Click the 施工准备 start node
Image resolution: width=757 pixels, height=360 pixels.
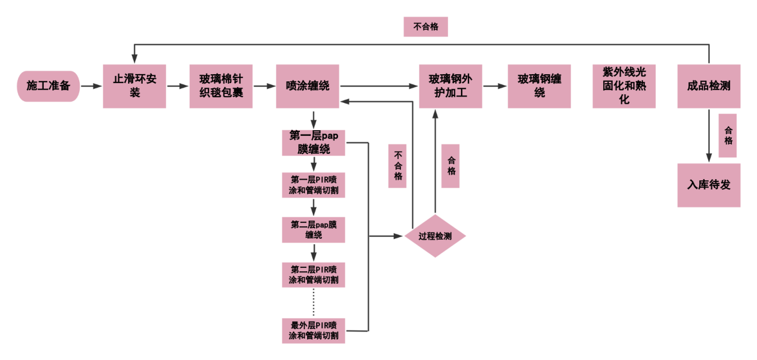click(x=48, y=86)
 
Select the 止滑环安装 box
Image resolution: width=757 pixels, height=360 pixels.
click(x=135, y=86)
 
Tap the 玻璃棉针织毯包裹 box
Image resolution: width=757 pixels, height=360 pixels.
click(x=221, y=86)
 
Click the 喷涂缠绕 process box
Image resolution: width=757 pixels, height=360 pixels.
click(x=307, y=86)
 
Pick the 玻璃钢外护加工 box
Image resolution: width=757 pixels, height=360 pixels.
click(x=450, y=86)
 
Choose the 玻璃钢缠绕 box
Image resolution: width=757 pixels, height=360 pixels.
click(x=539, y=86)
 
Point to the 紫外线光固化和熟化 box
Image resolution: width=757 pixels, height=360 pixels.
click(x=624, y=86)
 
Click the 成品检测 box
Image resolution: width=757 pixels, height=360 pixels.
click(x=709, y=86)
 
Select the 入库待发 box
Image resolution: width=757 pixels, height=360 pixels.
click(x=709, y=185)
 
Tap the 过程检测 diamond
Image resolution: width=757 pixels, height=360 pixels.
click(x=435, y=236)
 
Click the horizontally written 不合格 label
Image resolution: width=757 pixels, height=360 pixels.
click(x=426, y=26)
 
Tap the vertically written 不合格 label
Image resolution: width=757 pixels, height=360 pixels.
click(x=398, y=166)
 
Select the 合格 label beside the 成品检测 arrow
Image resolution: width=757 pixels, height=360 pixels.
click(x=728, y=135)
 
